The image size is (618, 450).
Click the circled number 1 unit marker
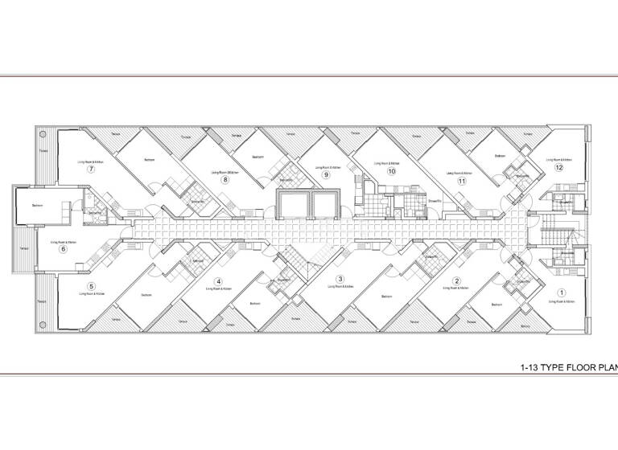tap(562, 293)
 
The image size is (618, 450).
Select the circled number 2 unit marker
tap(456, 280)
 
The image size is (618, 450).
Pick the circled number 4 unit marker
tap(218, 281)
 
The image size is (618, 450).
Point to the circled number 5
tap(91, 286)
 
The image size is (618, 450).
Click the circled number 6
tap(63, 248)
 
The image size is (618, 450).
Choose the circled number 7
tap(92, 170)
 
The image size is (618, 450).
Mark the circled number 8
tap(226, 179)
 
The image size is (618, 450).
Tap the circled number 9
tap(326, 174)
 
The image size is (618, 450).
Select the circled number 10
tap(392, 171)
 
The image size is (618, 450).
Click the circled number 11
tap(462, 181)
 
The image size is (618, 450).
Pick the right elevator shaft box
tap(328, 204)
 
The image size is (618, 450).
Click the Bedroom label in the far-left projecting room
tap(37, 206)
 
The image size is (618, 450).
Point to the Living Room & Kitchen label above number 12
tap(555, 161)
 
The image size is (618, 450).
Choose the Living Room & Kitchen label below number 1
tap(562, 301)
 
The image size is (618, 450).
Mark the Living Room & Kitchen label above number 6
tap(63, 241)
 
